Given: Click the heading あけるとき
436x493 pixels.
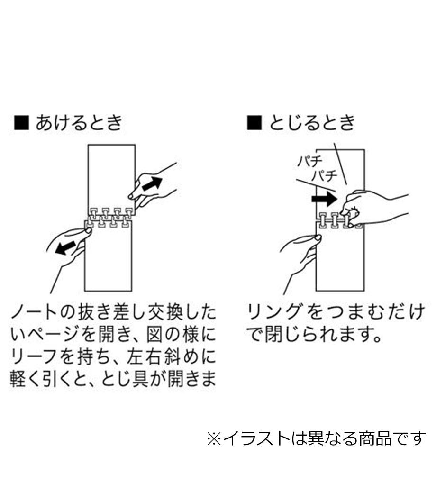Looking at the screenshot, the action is pyautogui.click(x=79, y=123).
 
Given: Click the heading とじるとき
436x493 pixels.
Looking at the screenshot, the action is pyautogui.click(x=312, y=123).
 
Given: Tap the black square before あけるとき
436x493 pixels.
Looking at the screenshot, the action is pyautogui.click(x=22, y=123).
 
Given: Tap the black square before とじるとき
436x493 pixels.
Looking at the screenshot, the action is pyautogui.click(x=254, y=123).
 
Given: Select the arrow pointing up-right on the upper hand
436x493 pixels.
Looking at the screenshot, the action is pyautogui.click(x=152, y=183).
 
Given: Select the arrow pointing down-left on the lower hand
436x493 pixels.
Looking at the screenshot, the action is pyautogui.click(x=66, y=247).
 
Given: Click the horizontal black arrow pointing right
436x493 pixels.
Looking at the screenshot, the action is pyautogui.click(x=324, y=199).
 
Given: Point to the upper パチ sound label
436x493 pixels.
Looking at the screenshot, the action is pyautogui.click(x=310, y=161).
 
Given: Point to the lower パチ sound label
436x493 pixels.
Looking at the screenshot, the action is pyautogui.click(x=325, y=175).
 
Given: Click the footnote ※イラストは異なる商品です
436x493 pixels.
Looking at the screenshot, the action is pyautogui.click(x=316, y=438).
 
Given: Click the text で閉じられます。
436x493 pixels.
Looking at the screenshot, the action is pyautogui.click(x=314, y=335).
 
